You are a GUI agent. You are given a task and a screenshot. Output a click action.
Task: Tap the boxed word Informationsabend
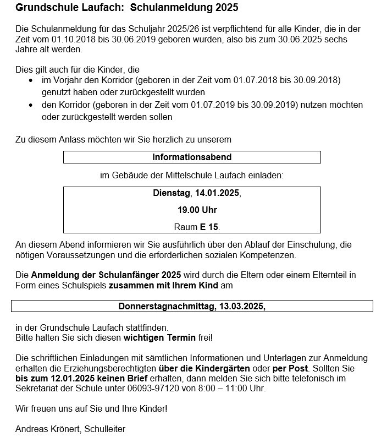(x=192, y=157)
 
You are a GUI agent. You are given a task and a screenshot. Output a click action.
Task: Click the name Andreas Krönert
(x=47, y=429)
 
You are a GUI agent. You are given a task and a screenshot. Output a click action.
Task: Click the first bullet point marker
(x=31, y=80)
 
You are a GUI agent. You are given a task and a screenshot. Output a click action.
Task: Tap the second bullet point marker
(x=31, y=105)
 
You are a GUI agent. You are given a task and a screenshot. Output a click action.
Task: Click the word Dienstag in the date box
(x=171, y=194)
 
